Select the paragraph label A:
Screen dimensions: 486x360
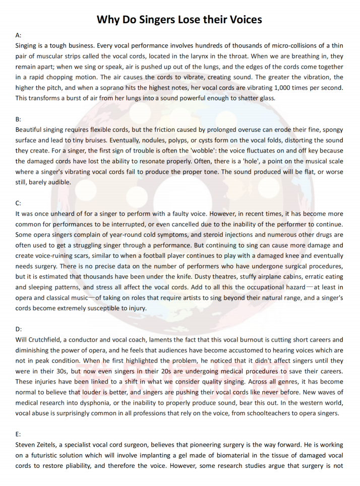19,35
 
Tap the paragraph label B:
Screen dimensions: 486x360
19,119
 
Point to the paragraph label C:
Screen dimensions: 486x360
19,203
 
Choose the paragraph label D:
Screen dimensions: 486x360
19,329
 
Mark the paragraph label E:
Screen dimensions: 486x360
19,434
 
